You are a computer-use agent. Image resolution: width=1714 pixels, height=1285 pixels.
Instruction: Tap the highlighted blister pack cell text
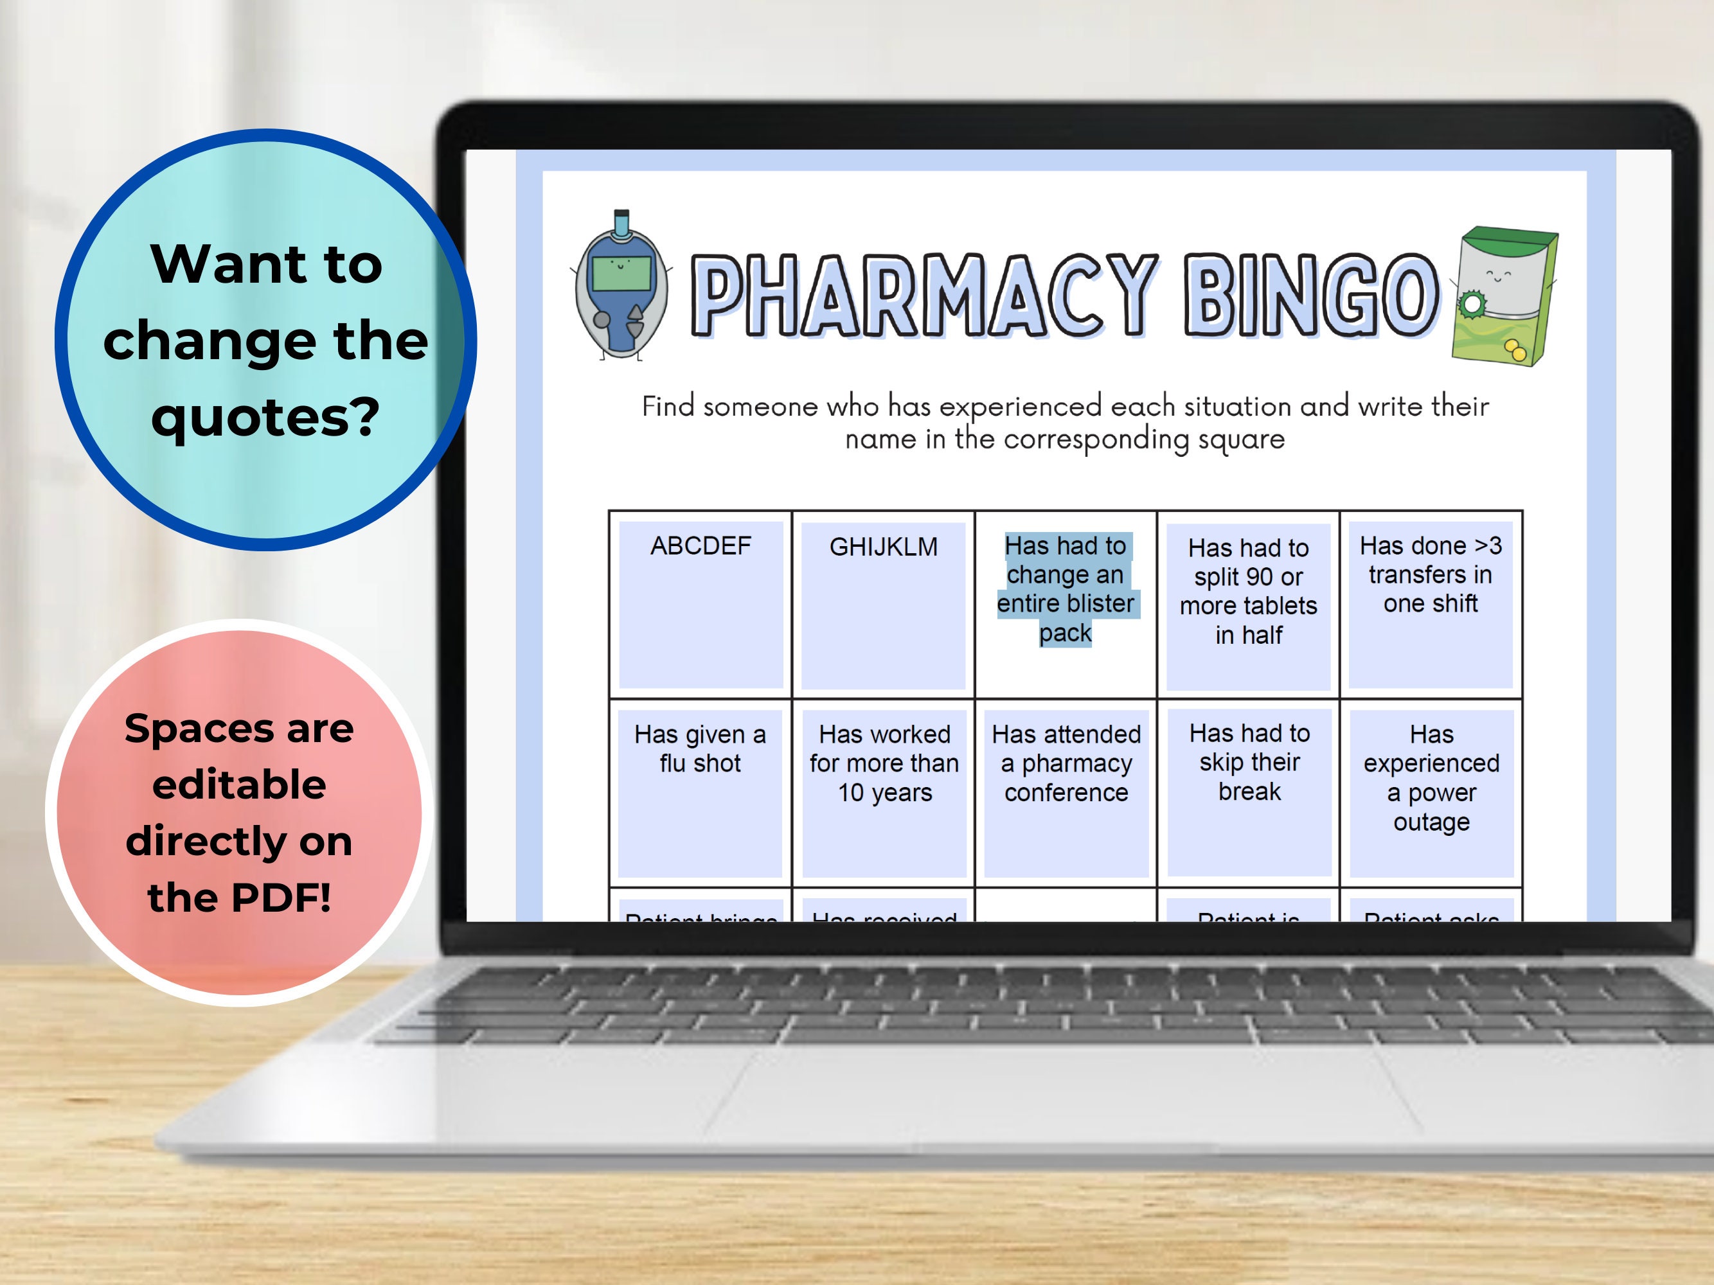[x=1066, y=589]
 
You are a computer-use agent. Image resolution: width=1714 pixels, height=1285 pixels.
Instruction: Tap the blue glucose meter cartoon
[x=621, y=287]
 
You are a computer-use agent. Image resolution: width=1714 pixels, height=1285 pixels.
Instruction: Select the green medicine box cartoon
[x=1504, y=296]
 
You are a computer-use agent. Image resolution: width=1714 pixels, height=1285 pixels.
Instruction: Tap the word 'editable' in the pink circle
[x=240, y=784]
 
